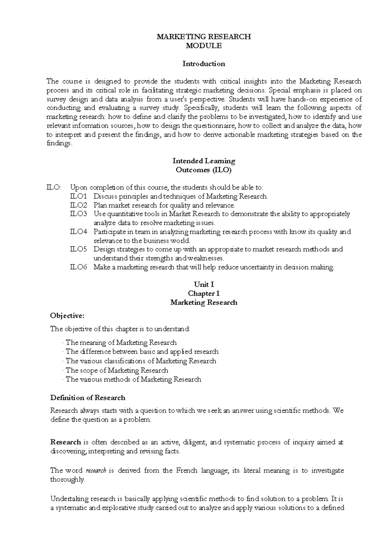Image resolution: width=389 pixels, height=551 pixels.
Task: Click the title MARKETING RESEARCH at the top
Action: [204, 37]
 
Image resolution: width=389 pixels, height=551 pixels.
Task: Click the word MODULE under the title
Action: [204, 46]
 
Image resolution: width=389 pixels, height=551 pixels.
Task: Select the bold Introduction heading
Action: [204, 64]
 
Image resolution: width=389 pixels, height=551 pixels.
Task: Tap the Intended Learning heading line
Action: [204, 161]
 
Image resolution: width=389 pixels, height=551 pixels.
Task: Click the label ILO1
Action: [79, 196]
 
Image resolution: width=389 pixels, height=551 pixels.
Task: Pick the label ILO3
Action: [79, 214]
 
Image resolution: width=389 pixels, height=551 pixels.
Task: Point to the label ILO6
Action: [79, 267]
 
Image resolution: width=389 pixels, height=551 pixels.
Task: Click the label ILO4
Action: [79, 232]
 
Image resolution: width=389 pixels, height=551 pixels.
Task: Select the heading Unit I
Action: [204, 284]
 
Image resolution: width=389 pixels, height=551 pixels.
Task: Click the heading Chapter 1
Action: [204, 294]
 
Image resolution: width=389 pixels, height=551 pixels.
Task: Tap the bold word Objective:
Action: [67, 315]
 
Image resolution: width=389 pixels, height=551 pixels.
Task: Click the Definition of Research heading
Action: [88, 398]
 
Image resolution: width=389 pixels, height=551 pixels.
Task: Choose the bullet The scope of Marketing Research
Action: [117, 370]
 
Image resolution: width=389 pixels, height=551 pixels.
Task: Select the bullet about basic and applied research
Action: [142, 351]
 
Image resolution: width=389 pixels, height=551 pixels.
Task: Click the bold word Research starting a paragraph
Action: [65, 442]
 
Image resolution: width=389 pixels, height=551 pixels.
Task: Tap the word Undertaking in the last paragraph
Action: [69, 499]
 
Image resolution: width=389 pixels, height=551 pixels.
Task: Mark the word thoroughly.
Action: [67, 480]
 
